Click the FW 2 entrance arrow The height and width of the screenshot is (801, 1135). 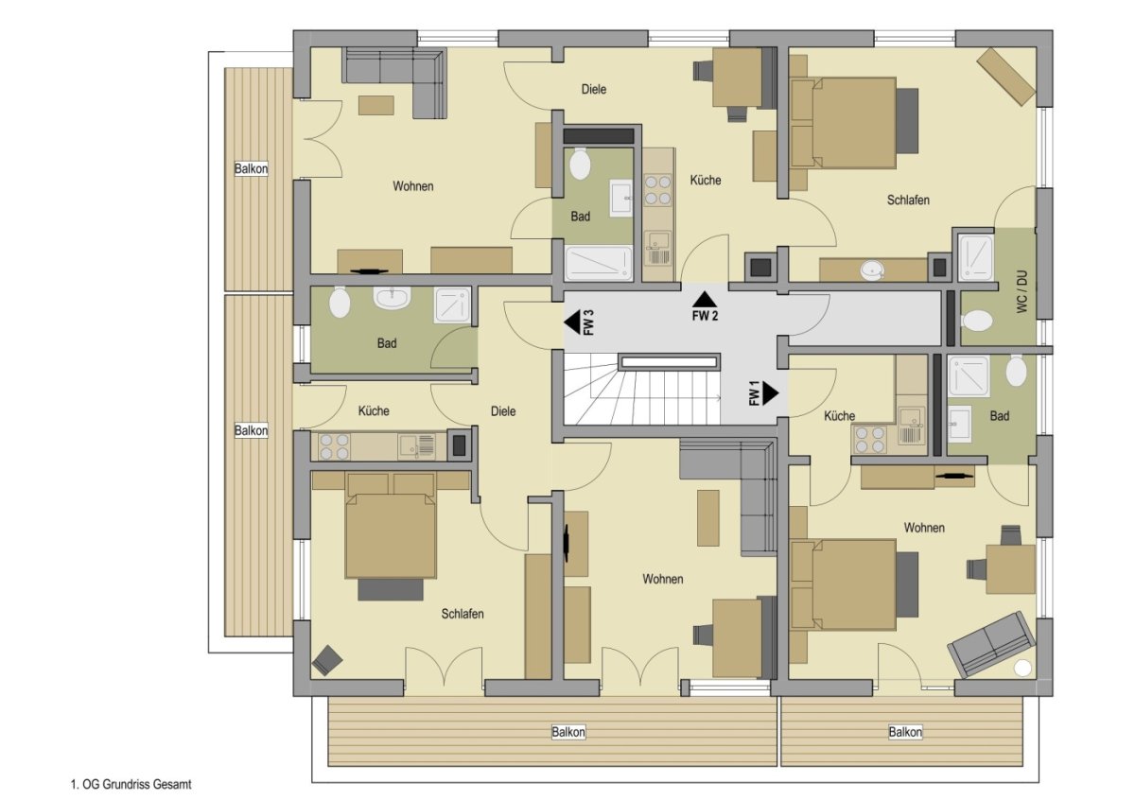705,300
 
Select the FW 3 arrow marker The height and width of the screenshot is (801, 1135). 572,322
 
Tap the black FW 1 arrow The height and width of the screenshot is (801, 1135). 771,392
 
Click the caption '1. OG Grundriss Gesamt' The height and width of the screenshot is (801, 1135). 131,784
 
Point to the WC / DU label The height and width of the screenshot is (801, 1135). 1022,291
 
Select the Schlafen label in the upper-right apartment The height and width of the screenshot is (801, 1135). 908,200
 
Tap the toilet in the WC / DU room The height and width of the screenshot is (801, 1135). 976,321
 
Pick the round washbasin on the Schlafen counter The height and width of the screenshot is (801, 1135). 872,270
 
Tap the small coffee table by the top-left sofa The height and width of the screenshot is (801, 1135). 376,105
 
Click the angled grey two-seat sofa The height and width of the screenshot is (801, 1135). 984,643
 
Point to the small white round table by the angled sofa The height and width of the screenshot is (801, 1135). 1022,669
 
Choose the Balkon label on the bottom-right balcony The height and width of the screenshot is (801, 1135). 905,732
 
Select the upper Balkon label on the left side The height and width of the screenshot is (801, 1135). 251,168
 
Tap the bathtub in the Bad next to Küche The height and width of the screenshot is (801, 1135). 599,263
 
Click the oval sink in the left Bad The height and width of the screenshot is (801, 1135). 392,297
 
